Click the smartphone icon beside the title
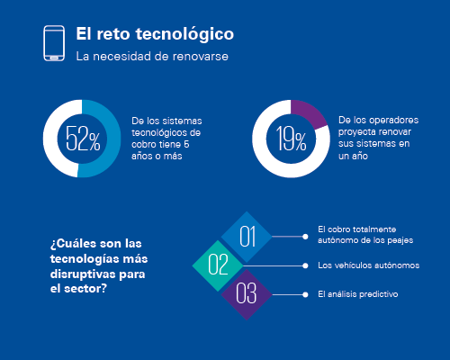pyautogui.click(x=54, y=43)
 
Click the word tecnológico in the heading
pyautogui.click(x=184, y=34)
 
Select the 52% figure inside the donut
pyautogui.click(x=83, y=139)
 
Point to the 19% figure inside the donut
pyautogui.click(x=291, y=139)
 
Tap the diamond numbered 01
pyautogui.click(x=247, y=237)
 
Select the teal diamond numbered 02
pyautogui.click(x=218, y=265)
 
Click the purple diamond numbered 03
pyautogui.click(x=247, y=294)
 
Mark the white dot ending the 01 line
pyautogui.click(x=305, y=237)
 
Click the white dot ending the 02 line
pyautogui.click(x=305, y=265)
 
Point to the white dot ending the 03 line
pyautogui.click(x=305, y=294)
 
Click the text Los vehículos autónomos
pyautogui.click(x=369, y=265)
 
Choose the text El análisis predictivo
pyautogui.click(x=358, y=294)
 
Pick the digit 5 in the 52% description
pyautogui.click(x=186, y=144)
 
